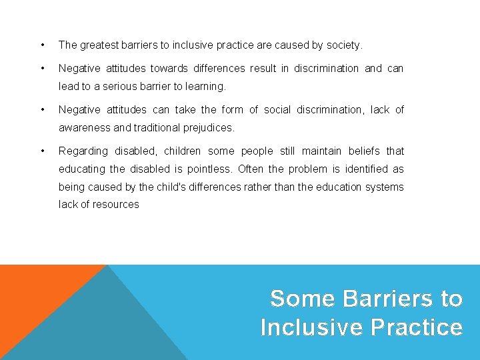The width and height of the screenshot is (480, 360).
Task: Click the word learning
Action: (x=207, y=86)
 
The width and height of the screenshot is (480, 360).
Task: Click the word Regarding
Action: (x=83, y=151)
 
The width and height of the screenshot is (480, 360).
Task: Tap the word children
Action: (x=181, y=151)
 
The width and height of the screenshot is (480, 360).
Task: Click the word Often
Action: (x=251, y=169)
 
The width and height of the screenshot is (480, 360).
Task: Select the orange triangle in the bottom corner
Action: (x=33, y=300)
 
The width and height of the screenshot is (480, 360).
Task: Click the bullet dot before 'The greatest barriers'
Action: (x=43, y=45)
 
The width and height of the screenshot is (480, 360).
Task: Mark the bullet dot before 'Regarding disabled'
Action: (x=43, y=151)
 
